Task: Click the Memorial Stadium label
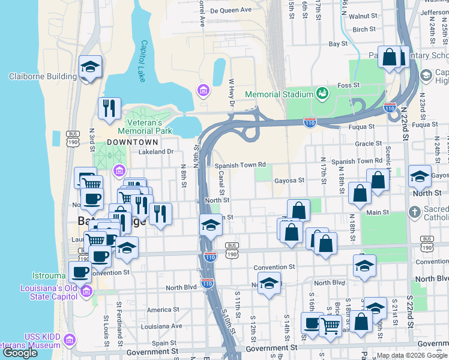pos(280,94)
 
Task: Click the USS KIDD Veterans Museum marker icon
pos(70,341)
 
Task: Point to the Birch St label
pos(364,29)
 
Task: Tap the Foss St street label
pos(348,85)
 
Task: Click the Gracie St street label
pos(368,143)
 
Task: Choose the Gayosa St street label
pos(289,179)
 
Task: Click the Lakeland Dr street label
pos(155,152)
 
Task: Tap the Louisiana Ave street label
pos(161,326)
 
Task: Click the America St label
pos(159,310)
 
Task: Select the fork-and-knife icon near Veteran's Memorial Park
pos(109,108)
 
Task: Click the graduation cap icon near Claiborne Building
pos(91,66)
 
